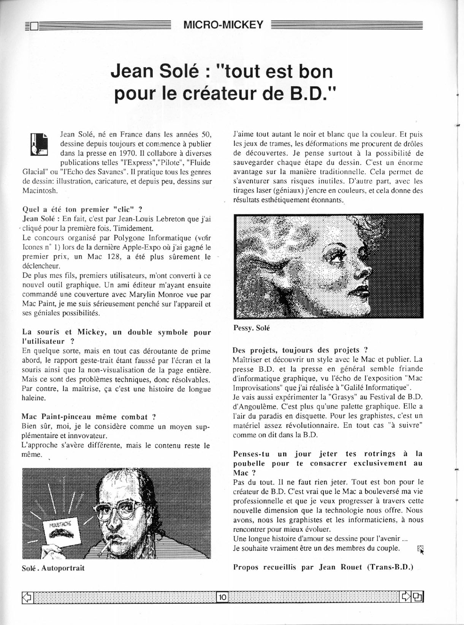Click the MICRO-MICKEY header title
point(223,25)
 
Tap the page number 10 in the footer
point(222,598)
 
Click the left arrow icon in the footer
point(27,598)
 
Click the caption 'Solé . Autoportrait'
point(53,568)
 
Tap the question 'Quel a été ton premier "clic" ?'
point(82,209)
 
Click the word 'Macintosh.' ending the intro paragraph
point(40,190)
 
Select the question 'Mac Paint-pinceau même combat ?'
point(89,417)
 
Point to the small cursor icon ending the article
point(420,549)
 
